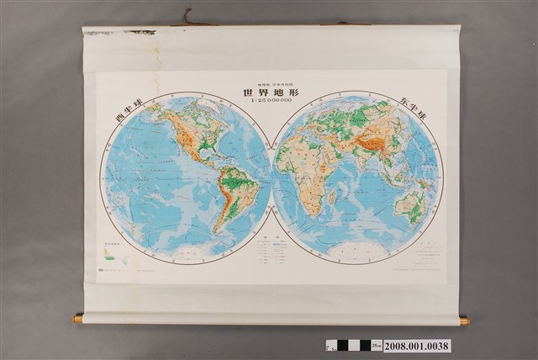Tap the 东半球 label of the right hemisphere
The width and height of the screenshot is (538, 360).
tap(412, 113)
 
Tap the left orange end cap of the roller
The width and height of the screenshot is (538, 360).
tap(78, 319)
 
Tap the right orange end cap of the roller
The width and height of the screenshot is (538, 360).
tap(463, 320)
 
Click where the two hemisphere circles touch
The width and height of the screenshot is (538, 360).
tap(272, 177)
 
